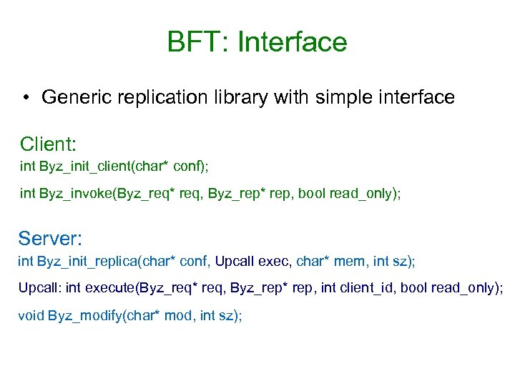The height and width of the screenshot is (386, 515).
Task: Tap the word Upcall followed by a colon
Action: pyautogui.click(x=39, y=287)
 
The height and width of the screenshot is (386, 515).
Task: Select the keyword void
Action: pyautogui.click(x=31, y=316)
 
